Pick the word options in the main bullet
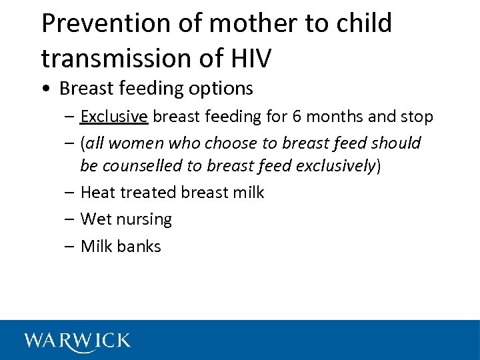221,88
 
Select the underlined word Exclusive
113,117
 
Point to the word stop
417,117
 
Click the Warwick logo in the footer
77,341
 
